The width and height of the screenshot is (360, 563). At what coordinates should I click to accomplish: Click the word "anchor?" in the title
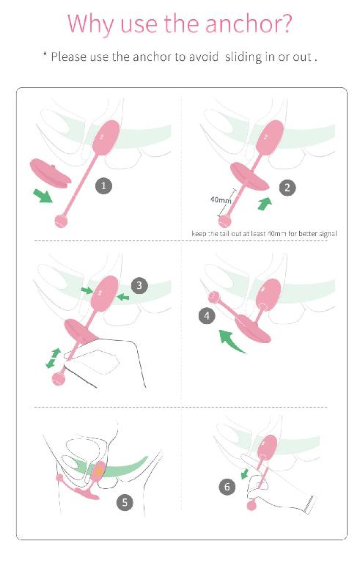[x=249, y=23]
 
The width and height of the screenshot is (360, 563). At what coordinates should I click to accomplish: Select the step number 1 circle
[x=103, y=186]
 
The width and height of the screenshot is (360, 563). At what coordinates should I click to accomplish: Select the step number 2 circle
[x=287, y=188]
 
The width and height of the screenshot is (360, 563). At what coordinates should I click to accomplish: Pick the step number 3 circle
[x=139, y=285]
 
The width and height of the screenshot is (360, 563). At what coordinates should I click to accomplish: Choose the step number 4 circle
[x=207, y=316]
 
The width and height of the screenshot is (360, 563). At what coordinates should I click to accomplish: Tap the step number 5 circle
[x=125, y=501]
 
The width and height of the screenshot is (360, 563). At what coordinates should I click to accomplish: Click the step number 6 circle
[x=227, y=487]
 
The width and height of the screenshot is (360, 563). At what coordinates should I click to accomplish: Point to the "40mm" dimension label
[x=221, y=199]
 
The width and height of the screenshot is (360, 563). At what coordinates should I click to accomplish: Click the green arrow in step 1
[x=43, y=196]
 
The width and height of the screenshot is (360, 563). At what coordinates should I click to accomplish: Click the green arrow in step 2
[x=265, y=204]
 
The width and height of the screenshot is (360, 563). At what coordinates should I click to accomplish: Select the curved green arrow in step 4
[x=230, y=341]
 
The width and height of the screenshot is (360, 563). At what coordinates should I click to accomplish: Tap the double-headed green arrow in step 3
[x=54, y=358]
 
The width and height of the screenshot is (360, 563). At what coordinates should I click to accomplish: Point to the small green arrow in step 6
[x=245, y=473]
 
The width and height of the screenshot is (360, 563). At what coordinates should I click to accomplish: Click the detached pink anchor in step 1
[x=50, y=173]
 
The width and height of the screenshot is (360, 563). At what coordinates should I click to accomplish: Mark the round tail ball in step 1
[x=61, y=221]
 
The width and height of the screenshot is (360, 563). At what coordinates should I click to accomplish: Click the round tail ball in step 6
[x=252, y=506]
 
